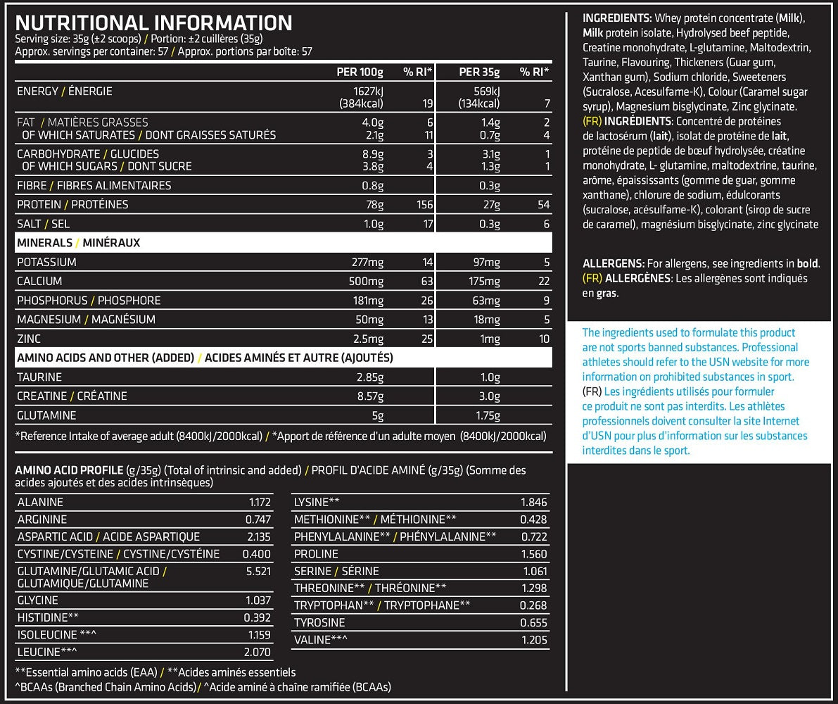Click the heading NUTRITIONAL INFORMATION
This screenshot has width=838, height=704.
pyautogui.click(x=153, y=23)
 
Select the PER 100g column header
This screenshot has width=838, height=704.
pyautogui.click(x=360, y=73)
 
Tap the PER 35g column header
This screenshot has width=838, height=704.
pyautogui.click(x=479, y=73)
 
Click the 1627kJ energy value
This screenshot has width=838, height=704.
pyautogui.click(x=367, y=92)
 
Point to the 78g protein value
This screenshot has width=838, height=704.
pyautogui.click(x=373, y=205)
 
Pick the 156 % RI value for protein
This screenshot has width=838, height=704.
pyautogui.click(x=423, y=205)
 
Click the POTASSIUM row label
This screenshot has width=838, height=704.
pyautogui.click(x=46, y=263)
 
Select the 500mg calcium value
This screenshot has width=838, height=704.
pyautogui.click(x=367, y=282)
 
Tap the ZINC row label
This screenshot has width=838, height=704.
pyautogui.click(x=30, y=339)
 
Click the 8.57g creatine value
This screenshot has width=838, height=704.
pyautogui.click(x=370, y=396)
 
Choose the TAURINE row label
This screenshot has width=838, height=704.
pyautogui.click(x=39, y=377)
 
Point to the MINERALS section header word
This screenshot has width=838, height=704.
pyautogui.click(x=44, y=243)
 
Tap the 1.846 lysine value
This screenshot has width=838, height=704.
pyautogui.click(x=533, y=502)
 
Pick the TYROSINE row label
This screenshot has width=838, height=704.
pyautogui.click(x=319, y=623)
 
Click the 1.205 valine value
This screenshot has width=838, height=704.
pyautogui.click(x=533, y=640)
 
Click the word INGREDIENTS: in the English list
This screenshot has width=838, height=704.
pyautogui.click(x=617, y=18)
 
